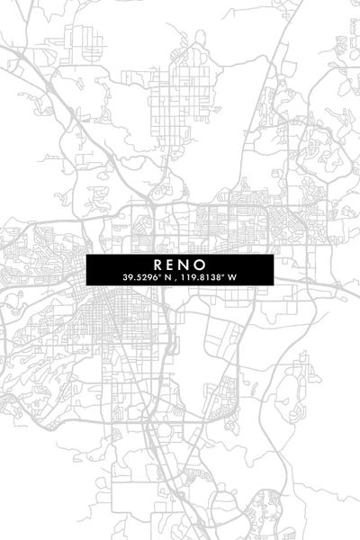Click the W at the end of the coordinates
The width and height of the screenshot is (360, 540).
pos(232,277)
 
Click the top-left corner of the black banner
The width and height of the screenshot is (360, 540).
pos(87,255)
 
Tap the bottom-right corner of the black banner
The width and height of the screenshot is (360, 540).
pos(273,285)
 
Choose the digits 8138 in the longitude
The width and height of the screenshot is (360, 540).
pos(211,277)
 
